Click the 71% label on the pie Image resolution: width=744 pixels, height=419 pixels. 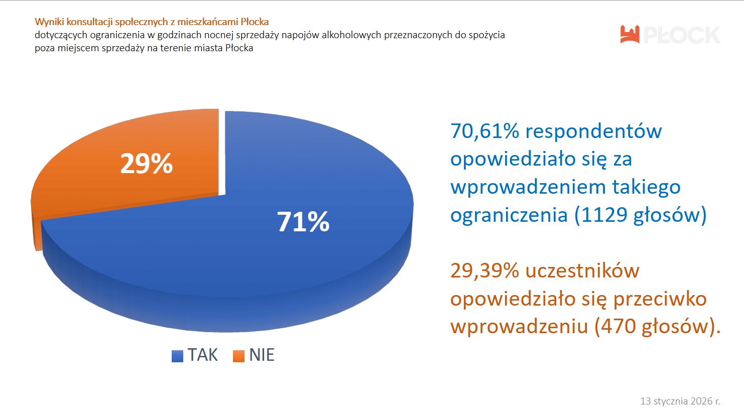tap(303, 222)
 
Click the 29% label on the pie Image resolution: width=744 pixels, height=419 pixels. tap(146, 164)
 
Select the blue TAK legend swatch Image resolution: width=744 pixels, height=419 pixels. tap(177, 356)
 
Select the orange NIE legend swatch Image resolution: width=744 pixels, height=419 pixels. tap(238, 356)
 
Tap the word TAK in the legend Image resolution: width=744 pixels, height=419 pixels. tap(203, 355)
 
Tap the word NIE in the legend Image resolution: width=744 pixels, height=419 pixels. tap(262, 355)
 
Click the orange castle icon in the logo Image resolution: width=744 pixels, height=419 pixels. tap(630, 34)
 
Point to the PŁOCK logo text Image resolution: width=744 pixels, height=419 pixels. tap(681, 35)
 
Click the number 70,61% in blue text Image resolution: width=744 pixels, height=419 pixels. tap(484, 131)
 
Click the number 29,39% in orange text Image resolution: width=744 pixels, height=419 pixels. tap(484, 271)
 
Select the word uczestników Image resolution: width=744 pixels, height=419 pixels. tap(582, 271)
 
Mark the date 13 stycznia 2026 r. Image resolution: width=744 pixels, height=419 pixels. tap(680, 401)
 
